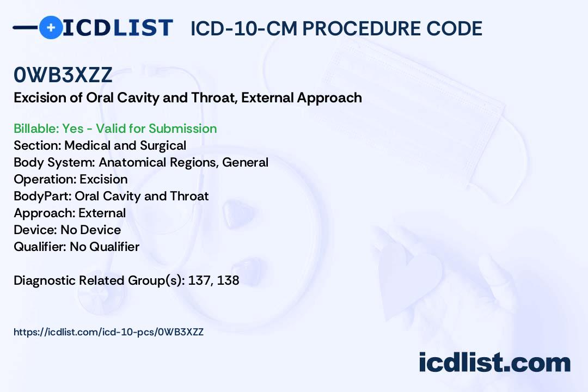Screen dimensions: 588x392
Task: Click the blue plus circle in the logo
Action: (51, 27)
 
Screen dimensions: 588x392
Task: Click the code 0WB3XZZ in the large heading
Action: (63, 75)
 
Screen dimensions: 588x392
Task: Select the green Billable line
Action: (115, 128)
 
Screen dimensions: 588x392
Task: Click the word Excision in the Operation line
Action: (103, 179)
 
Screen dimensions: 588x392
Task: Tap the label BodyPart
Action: (42, 196)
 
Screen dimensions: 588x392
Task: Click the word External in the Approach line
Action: (102, 213)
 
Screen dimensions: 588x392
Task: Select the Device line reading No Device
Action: (67, 230)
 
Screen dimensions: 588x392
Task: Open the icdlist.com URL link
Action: (109, 332)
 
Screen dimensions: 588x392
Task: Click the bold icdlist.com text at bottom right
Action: (494, 362)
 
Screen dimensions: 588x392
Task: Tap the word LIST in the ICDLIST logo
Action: (143, 27)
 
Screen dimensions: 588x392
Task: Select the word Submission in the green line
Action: (182, 128)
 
